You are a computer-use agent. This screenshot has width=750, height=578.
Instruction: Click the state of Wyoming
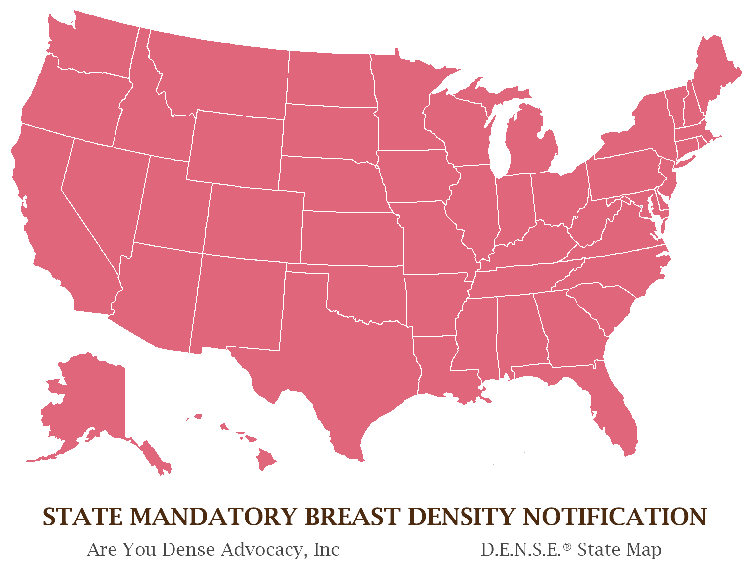[235, 149]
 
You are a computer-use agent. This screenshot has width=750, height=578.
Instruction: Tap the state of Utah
[171, 203]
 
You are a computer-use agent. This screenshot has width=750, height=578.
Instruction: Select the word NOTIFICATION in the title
[615, 517]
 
